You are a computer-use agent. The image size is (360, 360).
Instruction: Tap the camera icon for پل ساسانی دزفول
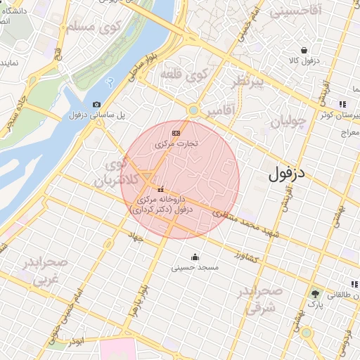click(96, 105)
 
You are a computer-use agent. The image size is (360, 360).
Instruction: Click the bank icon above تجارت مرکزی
click(176, 133)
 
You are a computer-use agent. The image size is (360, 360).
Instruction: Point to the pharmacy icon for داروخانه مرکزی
click(161, 189)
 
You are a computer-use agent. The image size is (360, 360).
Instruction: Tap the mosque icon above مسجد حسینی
click(195, 256)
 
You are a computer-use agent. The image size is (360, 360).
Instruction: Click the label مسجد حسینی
click(195, 268)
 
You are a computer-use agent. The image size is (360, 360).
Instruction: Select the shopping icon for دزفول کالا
click(304, 50)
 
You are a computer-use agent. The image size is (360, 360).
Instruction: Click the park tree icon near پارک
click(316, 294)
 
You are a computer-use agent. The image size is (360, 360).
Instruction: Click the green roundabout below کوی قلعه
click(193, 110)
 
